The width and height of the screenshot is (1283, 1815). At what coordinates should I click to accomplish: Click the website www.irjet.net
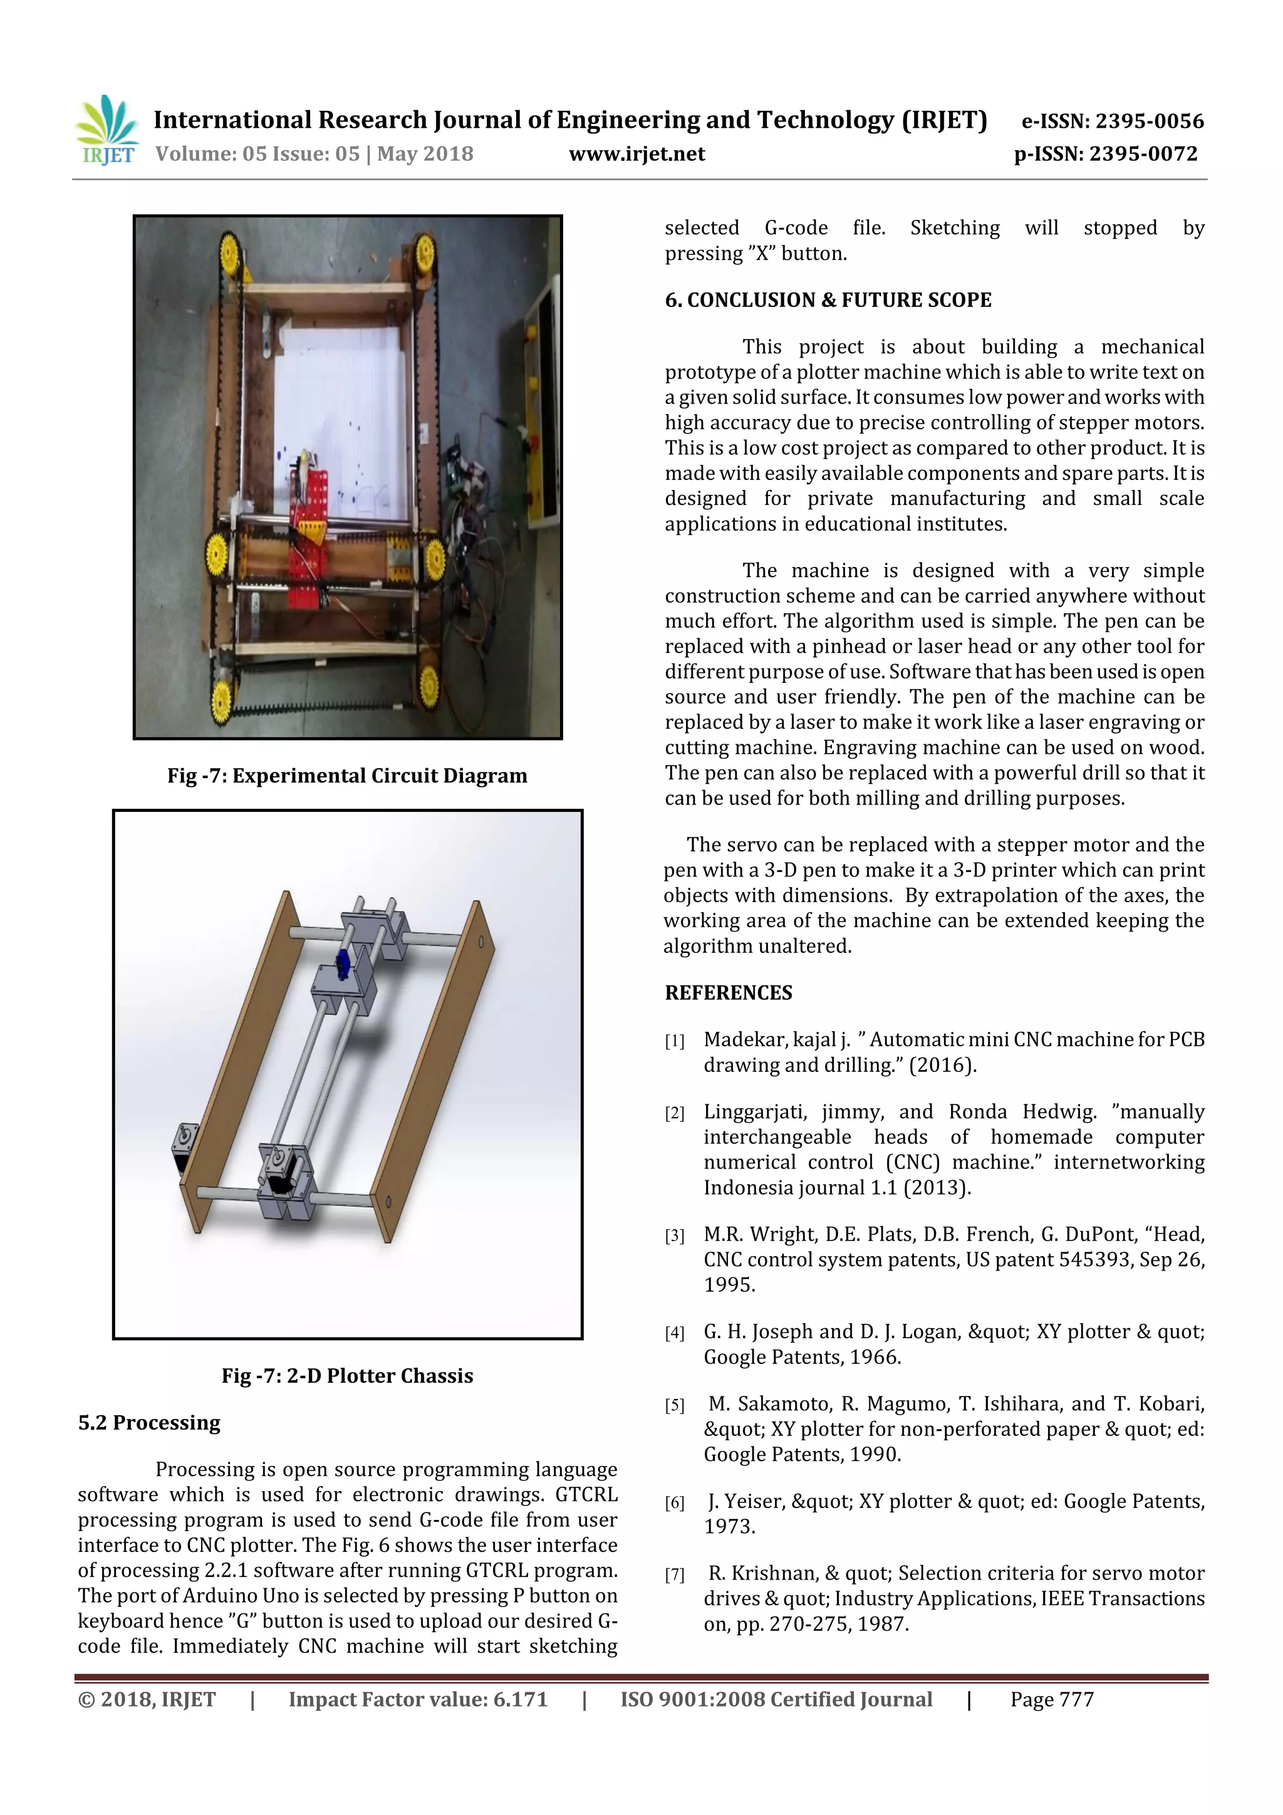[x=636, y=154]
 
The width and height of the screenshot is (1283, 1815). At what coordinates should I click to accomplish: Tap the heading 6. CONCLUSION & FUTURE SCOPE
[x=828, y=300]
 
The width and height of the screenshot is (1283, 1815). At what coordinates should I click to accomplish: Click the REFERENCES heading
[x=728, y=993]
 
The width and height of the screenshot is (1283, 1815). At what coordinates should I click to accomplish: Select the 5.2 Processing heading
[x=148, y=1423]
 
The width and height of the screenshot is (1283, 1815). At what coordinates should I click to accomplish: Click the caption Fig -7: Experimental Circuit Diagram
[x=347, y=776]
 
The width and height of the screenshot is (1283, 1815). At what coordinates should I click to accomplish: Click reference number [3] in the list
[x=674, y=1236]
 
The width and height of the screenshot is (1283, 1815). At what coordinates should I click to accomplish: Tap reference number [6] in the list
[x=674, y=1503]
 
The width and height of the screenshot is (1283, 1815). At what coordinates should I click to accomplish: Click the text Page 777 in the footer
[x=1051, y=1700]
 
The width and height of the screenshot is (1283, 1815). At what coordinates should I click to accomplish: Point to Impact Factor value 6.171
[x=417, y=1700]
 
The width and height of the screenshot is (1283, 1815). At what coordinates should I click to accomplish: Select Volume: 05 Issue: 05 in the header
[x=257, y=154]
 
